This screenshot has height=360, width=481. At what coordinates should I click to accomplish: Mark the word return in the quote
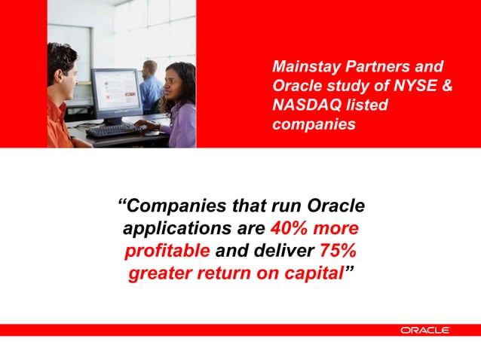(x=230, y=273)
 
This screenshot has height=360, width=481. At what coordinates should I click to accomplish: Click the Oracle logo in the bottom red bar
(x=425, y=330)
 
